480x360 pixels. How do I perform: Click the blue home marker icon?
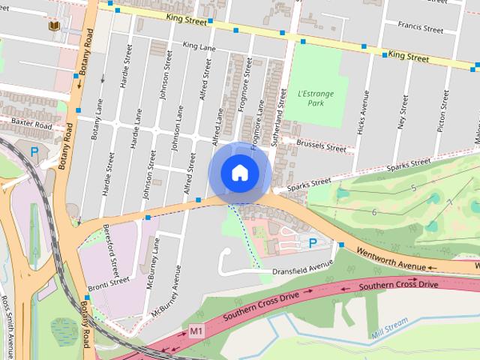(238, 172)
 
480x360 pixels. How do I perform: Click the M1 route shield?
(196, 330)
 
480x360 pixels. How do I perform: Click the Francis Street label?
(422, 28)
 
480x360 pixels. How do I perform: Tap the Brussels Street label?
(321, 145)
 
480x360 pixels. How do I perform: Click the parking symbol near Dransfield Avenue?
(312, 241)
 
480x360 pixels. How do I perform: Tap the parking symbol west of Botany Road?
(34, 152)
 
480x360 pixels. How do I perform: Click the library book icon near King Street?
(54, 26)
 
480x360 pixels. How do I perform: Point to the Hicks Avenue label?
(364, 113)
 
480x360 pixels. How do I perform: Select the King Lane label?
(199, 46)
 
